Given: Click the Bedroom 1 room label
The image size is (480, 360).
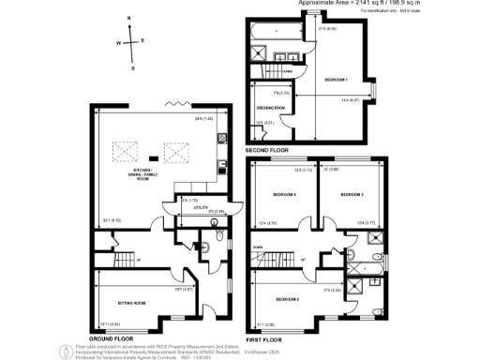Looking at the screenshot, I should pyautogui.click(x=336, y=79).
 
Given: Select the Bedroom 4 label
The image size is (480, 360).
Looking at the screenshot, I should pyautogui.click(x=284, y=194).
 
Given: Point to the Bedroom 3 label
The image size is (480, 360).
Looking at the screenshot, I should pyautogui.click(x=352, y=194).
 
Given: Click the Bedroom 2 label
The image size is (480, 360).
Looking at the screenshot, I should pyautogui.click(x=287, y=299).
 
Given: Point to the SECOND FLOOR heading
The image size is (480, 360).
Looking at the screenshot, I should pyautogui.click(x=266, y=150).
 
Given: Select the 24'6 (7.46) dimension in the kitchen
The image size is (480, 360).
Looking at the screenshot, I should pyautogui.click(x=203, y=118).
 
